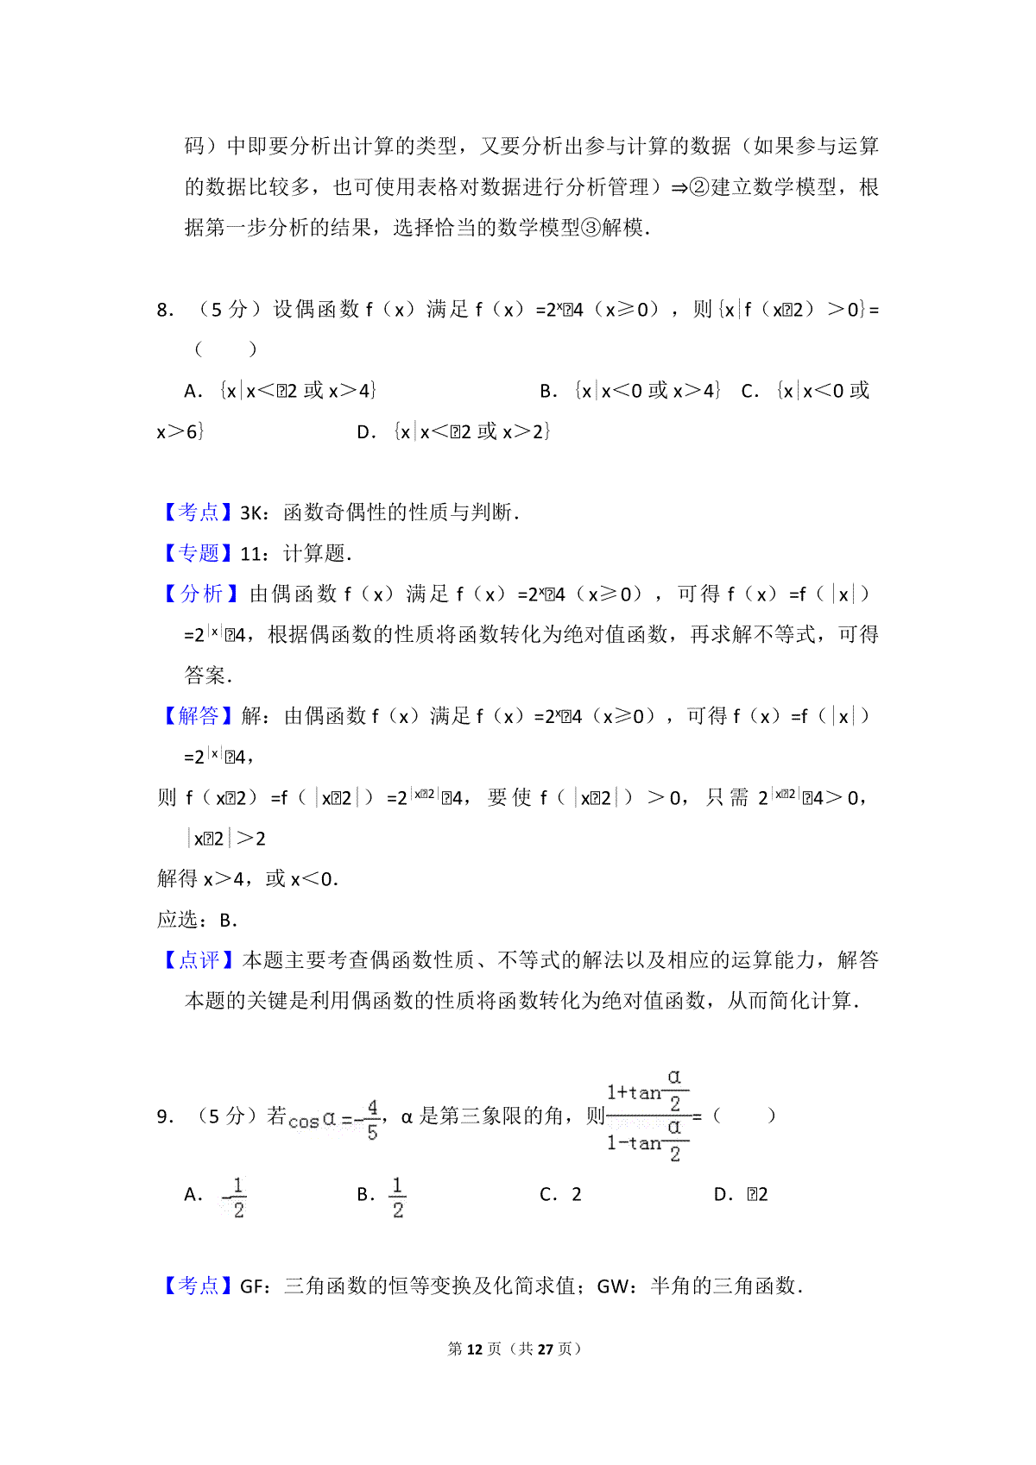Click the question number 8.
164,310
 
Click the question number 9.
164,1116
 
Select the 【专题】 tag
199,553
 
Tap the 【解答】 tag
199,715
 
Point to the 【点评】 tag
199,959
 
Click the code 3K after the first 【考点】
253,512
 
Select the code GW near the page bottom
614,1286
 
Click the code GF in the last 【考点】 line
252,1286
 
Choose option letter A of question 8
193,391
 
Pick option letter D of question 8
366,431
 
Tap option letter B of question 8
548,391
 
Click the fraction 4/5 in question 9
372,1120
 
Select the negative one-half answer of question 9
234,1197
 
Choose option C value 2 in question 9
577,1195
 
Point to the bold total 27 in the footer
545,1349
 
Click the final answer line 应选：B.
197,920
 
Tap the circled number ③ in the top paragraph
591,228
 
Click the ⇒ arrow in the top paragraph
679,187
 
